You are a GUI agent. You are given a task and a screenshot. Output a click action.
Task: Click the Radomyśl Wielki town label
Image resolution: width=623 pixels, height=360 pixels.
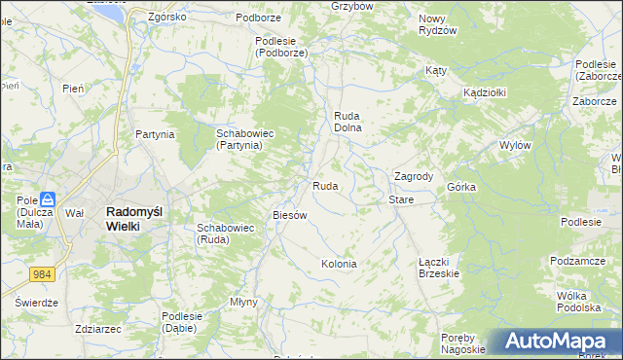123,218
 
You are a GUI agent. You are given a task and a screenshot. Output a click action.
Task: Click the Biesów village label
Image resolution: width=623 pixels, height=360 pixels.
290,215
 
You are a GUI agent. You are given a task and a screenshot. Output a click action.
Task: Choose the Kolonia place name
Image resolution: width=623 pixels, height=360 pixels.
339,264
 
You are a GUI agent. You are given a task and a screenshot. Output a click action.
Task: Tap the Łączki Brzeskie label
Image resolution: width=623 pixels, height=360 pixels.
439,268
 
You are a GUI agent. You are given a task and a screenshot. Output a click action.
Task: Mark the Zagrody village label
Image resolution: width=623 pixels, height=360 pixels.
413,176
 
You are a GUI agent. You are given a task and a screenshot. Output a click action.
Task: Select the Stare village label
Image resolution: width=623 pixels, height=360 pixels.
401,199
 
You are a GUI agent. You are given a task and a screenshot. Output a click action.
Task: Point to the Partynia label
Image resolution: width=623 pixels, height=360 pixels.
155,134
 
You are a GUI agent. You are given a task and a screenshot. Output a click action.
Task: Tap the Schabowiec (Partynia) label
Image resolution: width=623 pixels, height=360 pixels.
239,138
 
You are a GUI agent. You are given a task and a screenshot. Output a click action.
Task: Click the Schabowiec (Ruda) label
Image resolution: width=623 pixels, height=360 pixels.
226,234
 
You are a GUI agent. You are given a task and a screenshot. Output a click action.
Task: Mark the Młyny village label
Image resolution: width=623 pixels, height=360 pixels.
243,302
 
